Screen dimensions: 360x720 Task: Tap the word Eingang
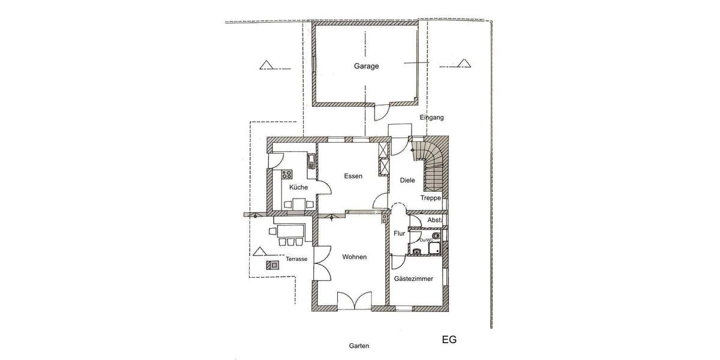pyautogui.click(x=431, y=118)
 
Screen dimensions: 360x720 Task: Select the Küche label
pyautogui.click(x=298, y=187)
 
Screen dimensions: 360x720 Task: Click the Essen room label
pyautogui.click(x=353, y=176)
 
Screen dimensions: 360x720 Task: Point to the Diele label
pyautogui.click(x=408, y=179)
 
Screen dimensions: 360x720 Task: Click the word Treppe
pyautogui.click(x=430, y=197)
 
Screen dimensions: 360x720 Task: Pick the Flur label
pyautogui.click(x=399, y=233)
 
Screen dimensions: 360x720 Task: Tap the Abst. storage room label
pyautogui.click(x=434, y=221)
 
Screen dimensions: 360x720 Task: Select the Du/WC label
pyautogui.click(x=425, y=240)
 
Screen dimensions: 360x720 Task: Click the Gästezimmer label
pyautogui.click(x=413, y=278)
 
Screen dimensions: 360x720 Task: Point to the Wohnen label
pyautogui.click(x=354, y=257)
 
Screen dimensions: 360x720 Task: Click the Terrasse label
pyautogui.click(x=296, y=259)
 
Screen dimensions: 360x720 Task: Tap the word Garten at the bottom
pyautogui.click(x=359, y=346)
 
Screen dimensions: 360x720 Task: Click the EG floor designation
pyautogui.click(x=449, y=340)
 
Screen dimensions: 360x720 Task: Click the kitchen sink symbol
pyautogui.click(x=311, y=161)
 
